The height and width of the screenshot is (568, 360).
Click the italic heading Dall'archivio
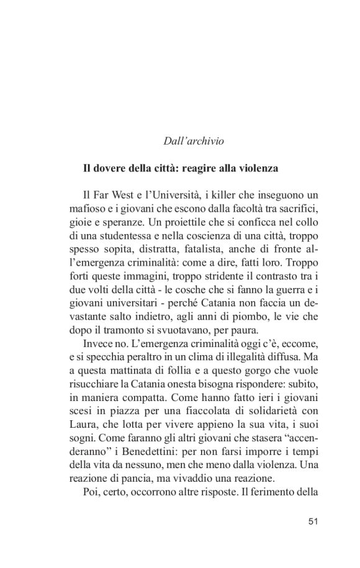point(193,142)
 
